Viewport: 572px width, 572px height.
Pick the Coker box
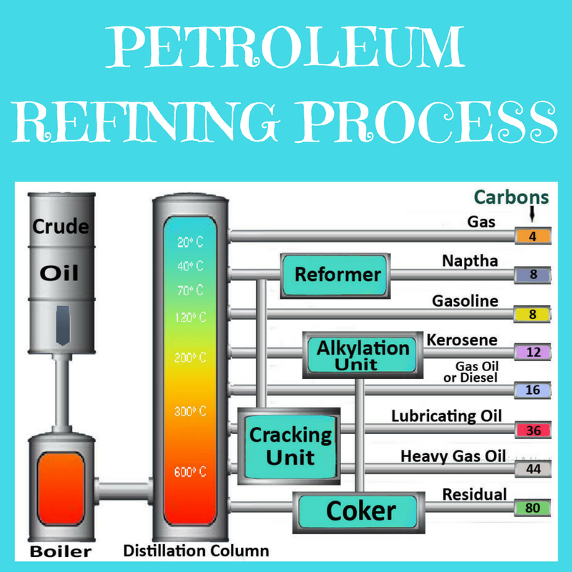tap(360, 511)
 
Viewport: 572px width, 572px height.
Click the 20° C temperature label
tap(190, 242)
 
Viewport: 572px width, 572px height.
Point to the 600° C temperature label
tap(190, 473)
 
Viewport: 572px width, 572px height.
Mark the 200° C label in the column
tap(190, 357)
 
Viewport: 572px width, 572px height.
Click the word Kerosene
tap(462, 340)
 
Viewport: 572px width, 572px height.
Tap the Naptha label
tap(470, 261)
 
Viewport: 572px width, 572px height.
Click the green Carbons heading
tap(512, 197)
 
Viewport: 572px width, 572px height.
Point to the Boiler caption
tap(61, 551)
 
